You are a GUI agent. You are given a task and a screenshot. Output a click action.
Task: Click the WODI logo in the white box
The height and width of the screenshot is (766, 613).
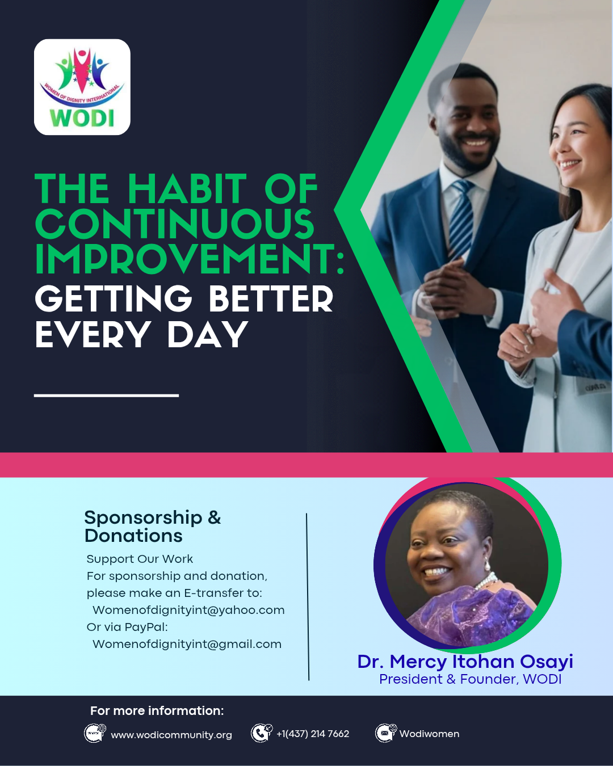[82, 87]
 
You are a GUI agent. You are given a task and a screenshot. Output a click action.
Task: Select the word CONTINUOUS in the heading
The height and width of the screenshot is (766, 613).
[175, 224]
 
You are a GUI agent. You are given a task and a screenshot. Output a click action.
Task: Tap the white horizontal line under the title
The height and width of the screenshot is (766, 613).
[106, 395]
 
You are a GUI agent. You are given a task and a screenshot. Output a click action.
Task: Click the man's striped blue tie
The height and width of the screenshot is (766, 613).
[460, 217]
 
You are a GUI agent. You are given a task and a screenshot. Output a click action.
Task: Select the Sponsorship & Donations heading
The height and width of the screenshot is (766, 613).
[153, 526]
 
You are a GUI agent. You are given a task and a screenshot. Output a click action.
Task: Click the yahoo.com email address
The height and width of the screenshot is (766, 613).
[188, 610]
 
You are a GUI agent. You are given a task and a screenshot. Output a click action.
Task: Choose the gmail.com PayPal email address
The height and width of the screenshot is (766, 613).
[187, 644]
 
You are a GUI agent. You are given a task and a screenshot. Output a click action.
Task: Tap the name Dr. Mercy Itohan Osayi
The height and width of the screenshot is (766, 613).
[465, 662]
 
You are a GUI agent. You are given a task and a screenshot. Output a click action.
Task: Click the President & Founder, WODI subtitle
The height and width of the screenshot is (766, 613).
[470, 679]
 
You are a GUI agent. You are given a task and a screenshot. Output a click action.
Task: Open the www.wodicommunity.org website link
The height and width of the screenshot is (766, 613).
[171, 735]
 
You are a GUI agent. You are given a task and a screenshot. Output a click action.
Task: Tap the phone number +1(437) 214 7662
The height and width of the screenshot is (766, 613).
[313, 734]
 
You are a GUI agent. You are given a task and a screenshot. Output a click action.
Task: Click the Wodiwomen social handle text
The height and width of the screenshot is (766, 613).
[429, 734]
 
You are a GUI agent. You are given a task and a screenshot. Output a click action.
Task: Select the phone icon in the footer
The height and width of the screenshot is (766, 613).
[262, 733]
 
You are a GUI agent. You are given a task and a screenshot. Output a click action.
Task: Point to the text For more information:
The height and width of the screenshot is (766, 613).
[157, 711]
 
